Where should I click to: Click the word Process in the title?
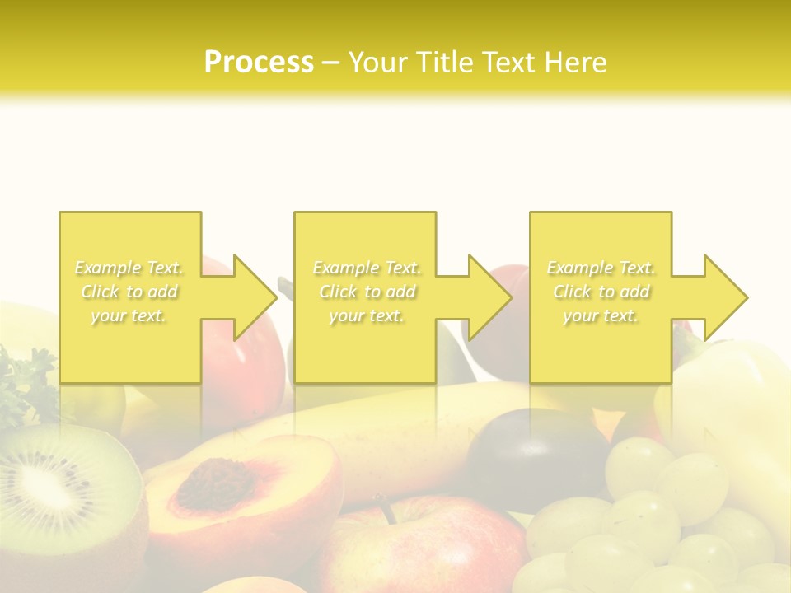pos(259,63)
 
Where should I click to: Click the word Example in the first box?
pos(108,268)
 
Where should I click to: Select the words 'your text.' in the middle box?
pos(367,315)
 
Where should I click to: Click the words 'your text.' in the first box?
pos(129,315)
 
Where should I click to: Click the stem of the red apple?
pos(382,504)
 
